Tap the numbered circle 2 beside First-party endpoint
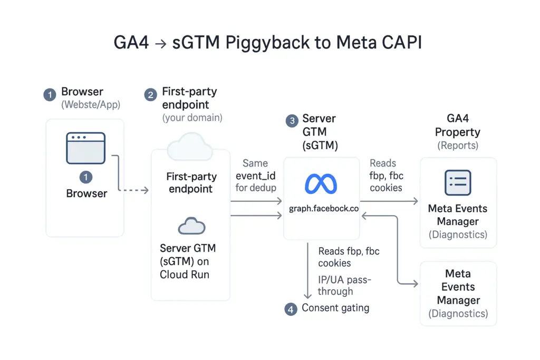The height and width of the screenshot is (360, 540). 151,95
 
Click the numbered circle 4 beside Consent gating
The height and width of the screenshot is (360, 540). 291,309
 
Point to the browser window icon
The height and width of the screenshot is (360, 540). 86,148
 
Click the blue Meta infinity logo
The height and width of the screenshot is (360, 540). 321,184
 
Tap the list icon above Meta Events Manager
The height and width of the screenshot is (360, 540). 458,183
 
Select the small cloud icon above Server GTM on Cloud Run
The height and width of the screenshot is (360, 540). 190,227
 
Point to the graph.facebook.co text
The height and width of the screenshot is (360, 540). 323,209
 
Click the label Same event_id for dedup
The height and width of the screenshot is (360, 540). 255,175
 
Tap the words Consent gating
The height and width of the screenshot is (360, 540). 335,308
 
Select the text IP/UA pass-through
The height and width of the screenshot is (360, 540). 344,285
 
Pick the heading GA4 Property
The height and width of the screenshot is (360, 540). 458,126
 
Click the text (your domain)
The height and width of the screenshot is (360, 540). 192,118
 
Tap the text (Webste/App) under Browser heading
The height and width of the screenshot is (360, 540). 91,104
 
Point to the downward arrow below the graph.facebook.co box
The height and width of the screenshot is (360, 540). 308,271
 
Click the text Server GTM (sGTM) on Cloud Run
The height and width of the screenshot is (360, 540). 188,261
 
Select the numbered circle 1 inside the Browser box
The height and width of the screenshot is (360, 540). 86,177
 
